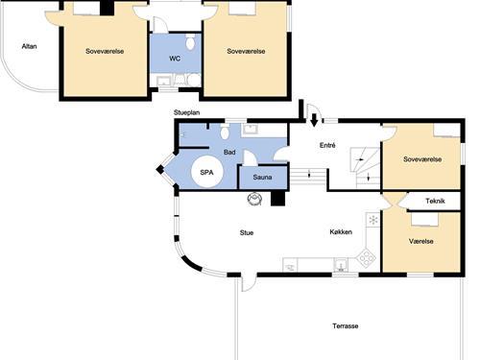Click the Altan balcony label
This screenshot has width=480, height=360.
pyautogui.click(x=29, y=46)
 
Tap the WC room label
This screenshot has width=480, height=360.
pyautogui.click(x=175, y=59)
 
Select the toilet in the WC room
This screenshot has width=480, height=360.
pyautogui.click(x=190, y=42)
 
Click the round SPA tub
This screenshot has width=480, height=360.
pyautogui.click(x=206, y=172)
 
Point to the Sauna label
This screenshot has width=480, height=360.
pyautogui.click(x=262, y=177)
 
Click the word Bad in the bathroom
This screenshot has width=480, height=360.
pyautogui.click(x=229, y=153)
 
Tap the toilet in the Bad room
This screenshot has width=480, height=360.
pyautogui.click(x=225, y=132)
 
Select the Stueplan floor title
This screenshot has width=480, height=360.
pyautogui.click(x=186, y=112)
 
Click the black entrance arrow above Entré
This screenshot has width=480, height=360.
pyautogui.click(x=314, y=120)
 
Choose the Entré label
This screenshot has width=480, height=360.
pyautogui.click(x=327, y=145)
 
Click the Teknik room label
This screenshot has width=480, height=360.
pyautogui.click(x=435, y=201)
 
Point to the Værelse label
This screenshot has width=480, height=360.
pyautogui.click(x=421, y=241)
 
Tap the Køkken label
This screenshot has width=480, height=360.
pyautogui.click(x=341, y=232)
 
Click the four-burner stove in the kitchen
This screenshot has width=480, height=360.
pyautogui.click(x=367, y=257)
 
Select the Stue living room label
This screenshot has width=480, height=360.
pyautogui.click(x=247, y=233)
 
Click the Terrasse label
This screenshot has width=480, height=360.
pyautogui.click(x=346, y=326)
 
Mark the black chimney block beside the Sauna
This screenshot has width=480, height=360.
pyautogui.click(x=277, y=199)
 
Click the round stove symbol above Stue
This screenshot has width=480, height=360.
pyautogui.click(x=254, y=199)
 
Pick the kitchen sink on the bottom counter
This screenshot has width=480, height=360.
pyautogui.click(x=341, y=265)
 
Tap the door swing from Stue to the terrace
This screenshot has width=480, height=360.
pyautogui.click(x=249, y=282)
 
